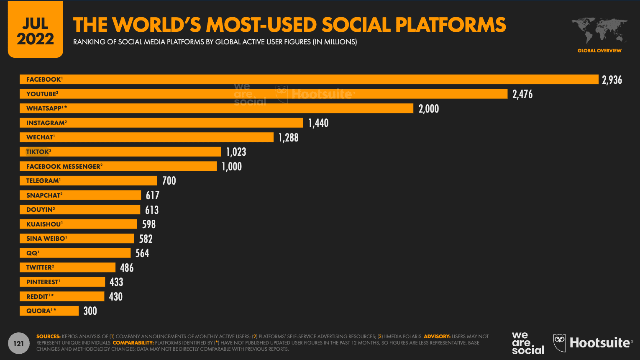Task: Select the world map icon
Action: (599, 31)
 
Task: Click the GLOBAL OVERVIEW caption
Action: (599, 51)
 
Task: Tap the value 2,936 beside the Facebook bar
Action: (612, 80)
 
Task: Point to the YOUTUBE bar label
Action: (42, 94)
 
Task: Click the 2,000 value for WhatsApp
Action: (429, 109)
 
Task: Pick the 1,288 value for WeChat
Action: (289, 138)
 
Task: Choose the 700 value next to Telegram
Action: (169, 181)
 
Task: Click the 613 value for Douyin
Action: (152, 210)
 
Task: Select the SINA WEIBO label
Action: (46, 239)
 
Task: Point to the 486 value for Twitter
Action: (127, 268)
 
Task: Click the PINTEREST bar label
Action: (43, 282)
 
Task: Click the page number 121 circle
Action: (18, 344)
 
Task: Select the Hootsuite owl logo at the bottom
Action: (560, 343)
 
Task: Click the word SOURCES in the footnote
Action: (49, 337)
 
